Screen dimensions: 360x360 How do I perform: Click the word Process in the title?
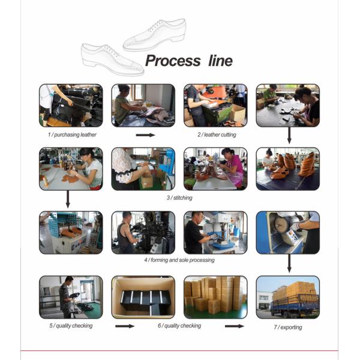[x=173, y=61]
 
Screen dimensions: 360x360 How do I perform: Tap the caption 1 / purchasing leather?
[x=72, y=135]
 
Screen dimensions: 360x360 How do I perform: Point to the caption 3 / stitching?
[x=179, y=197]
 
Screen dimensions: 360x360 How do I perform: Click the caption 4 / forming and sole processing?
[x=179, y=260]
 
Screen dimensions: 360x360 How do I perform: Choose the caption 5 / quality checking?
[x=71, y=326]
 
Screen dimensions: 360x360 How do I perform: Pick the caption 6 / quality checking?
[x=180, y=326]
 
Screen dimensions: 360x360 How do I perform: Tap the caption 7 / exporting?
[x=288, y=328]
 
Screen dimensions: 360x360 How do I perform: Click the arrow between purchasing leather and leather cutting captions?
[x=145, y=135]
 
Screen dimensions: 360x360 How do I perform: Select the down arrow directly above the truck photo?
[x=289, y=262]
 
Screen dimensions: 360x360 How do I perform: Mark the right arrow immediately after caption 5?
[x=124, y=326]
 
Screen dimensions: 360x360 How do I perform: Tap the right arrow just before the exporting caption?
[x=235, y=326]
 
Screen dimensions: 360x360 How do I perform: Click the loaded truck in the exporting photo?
[x=293, y=299]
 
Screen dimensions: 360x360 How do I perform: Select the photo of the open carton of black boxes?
[x=143, y=297]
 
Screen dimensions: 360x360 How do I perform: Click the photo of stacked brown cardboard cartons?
[x=215, y=297]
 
